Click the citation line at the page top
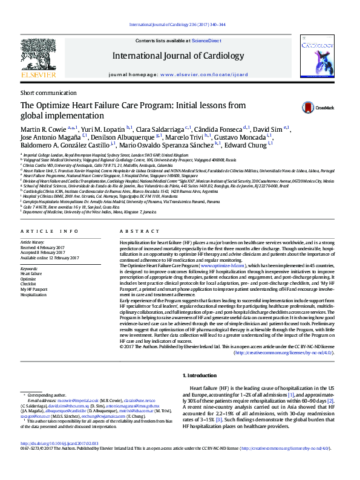180,24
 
